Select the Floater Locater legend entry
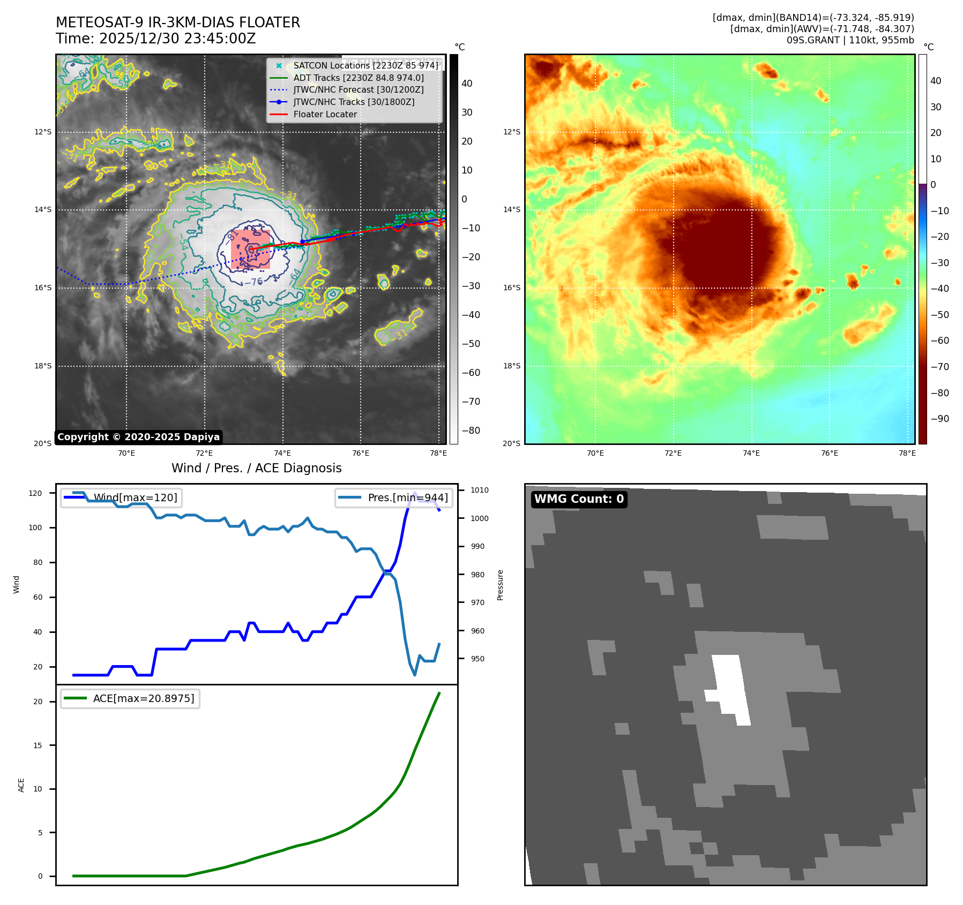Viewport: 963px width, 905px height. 325,114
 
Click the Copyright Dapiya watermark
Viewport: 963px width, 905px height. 138,437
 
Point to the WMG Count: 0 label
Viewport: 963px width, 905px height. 579,499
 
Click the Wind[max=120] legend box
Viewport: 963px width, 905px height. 121,497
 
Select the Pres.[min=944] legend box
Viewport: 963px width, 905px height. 394,497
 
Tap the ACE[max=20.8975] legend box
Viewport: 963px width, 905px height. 130,698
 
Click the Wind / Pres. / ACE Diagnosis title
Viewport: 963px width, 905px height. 256,468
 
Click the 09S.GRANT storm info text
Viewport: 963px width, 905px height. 850,40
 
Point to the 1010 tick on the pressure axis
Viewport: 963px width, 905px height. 480,490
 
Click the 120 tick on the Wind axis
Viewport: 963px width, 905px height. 35,493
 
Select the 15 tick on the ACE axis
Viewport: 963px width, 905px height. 38,745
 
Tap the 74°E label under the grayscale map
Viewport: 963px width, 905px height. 282,453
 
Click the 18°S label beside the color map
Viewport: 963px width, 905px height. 511,366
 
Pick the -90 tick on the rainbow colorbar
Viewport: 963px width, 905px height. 939,419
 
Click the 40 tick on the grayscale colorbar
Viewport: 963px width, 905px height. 467,84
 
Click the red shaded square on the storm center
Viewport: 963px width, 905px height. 250,250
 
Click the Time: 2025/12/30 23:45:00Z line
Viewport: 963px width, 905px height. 155,39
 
